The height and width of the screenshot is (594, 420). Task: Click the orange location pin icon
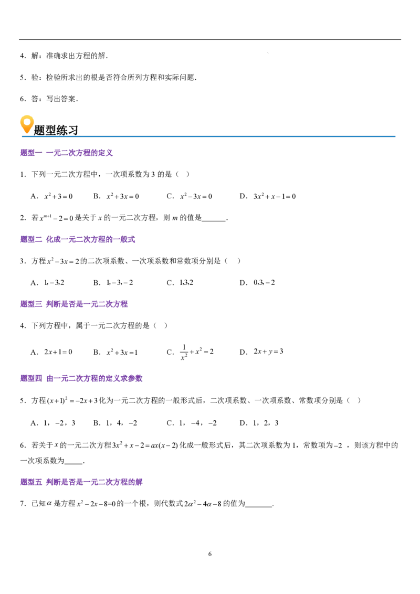[x=27, y=124]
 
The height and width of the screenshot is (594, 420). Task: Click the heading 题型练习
[x=56, y=130]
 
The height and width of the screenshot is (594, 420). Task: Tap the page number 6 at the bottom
[x=210, y=554]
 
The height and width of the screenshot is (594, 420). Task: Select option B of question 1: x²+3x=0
[x=116, y=196]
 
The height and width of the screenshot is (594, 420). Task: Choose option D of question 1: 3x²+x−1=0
[x=268, y=196]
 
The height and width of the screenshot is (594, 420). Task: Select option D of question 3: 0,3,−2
[x=257, y=283]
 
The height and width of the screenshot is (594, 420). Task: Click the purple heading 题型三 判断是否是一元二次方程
[x=74, y=304]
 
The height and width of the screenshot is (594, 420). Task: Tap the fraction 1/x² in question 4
[x=184, y=352]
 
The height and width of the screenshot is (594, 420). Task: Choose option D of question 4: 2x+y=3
[x=261, y=352]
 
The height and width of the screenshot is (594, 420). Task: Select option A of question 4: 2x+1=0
[x=51, y=352]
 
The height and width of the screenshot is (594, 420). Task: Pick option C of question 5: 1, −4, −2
[x=192, y=423]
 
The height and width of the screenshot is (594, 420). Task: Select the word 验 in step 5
[x=35, y=77]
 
